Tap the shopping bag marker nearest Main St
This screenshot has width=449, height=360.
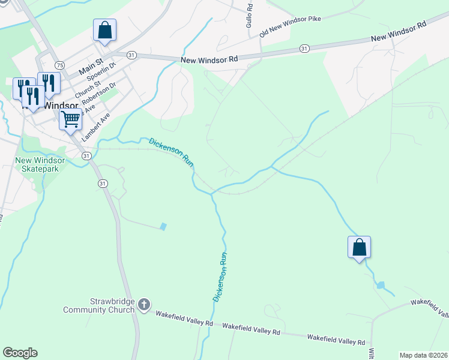[x=104, y=31]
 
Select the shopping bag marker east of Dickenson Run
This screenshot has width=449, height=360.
[x=359, y=247]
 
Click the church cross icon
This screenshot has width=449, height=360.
[x=143, y=305]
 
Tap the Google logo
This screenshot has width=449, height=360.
[x=20, y=353]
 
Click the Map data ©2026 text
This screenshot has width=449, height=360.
[x=423, y=355]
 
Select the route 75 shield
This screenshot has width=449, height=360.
[x=59, y=65]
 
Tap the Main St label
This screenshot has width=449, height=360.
[x=91, y=65]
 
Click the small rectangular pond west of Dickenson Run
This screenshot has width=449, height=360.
[x=163, y=227]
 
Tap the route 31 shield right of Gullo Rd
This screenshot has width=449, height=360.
[x=304, y=48]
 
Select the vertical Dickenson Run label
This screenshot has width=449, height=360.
[x=221, y=276]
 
